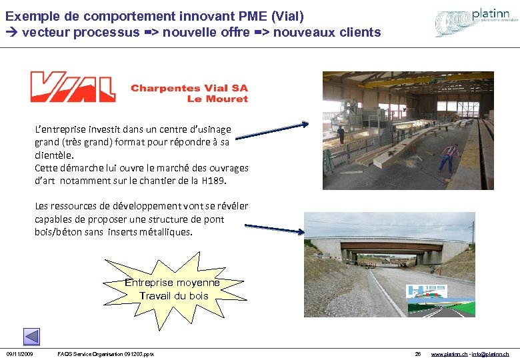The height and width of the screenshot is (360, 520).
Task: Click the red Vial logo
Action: (x=73, y=87)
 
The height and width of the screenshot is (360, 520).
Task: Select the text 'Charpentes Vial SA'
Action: (x=189, y=88)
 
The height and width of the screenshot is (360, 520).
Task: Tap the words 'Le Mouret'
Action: (x=217, y=99)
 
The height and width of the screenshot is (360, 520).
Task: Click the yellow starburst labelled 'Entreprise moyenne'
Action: (x=173, y=287)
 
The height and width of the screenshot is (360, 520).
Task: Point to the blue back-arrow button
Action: (x=31, y=337)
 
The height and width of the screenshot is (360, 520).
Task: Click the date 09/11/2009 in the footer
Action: (x=20, y=353)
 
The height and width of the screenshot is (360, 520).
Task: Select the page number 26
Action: (x=418, y=353)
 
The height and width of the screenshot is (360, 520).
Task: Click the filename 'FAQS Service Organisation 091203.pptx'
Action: (x=106, y=353)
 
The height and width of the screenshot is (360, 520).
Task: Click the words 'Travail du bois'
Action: (x=174, y=295)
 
